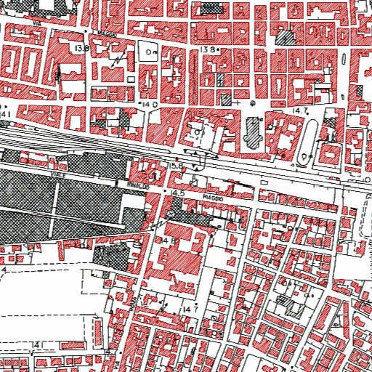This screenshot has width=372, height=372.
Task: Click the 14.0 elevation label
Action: (150, 105)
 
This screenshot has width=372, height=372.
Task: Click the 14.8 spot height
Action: (171, 240)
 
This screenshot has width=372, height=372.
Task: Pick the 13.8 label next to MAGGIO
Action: (81, 48)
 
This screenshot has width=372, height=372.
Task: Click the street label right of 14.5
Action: (211, 196)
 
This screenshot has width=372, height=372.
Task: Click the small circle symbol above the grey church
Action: (252, 103)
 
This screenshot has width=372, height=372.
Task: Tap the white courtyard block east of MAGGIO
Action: (151, 52)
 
